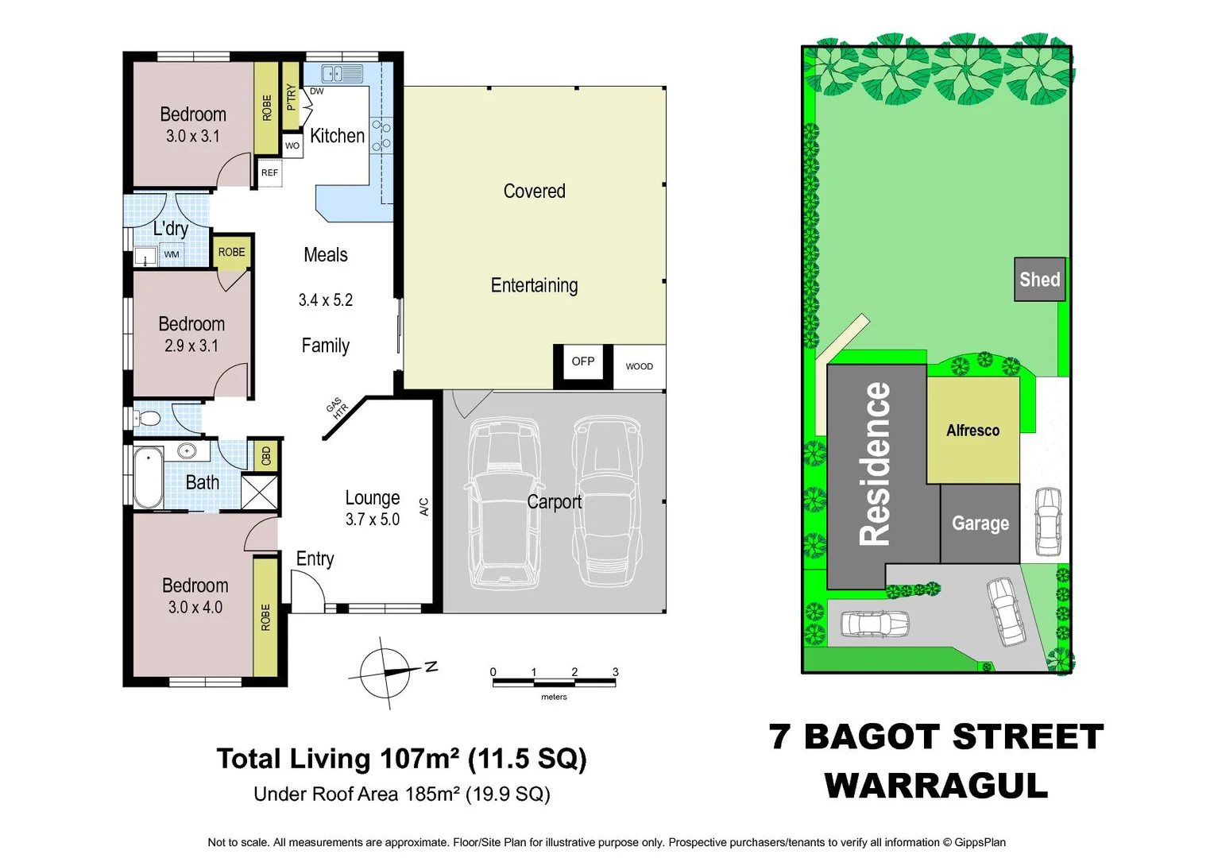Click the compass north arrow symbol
click(387, 672)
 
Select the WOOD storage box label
click(640, 366)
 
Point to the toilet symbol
click(148, 418)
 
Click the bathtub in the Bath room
click(148, 477)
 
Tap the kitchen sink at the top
click(342, 74)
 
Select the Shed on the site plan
click(1039, 280)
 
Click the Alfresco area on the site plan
click(972, 431)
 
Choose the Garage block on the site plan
click(980, 524)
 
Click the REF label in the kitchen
click(270, 172)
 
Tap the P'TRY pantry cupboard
click(291, 96)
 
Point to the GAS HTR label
click(337, 408)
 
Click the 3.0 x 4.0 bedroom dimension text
click(195, 608)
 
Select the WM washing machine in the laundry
click(172, 255)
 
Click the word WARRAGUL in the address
click(936, 786)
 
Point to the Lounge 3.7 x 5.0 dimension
click(373, 520)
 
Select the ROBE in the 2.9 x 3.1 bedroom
click(231, 253)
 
